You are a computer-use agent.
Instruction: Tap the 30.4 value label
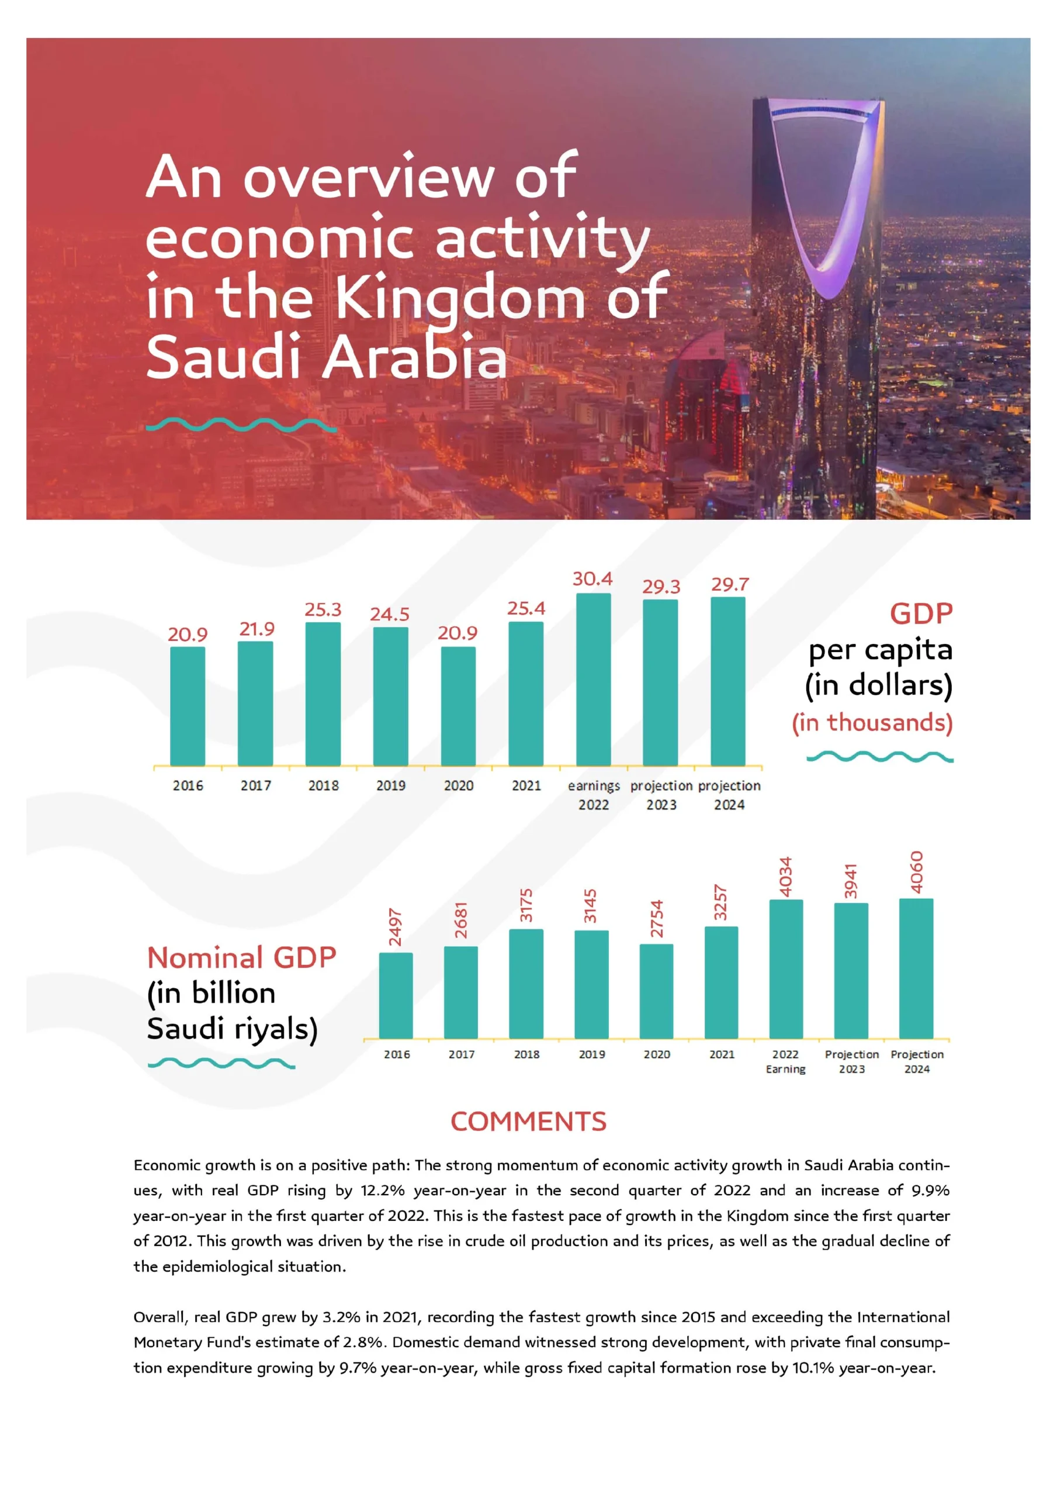coord(592,578)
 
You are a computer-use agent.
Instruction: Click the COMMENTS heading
coord(528,1122)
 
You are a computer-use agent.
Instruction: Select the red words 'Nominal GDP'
coord(242,958)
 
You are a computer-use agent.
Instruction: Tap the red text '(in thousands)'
coord(872,723)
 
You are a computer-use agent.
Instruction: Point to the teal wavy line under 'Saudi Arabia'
coord(241,425)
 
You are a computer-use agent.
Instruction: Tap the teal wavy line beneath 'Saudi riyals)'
coord(221,1064)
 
